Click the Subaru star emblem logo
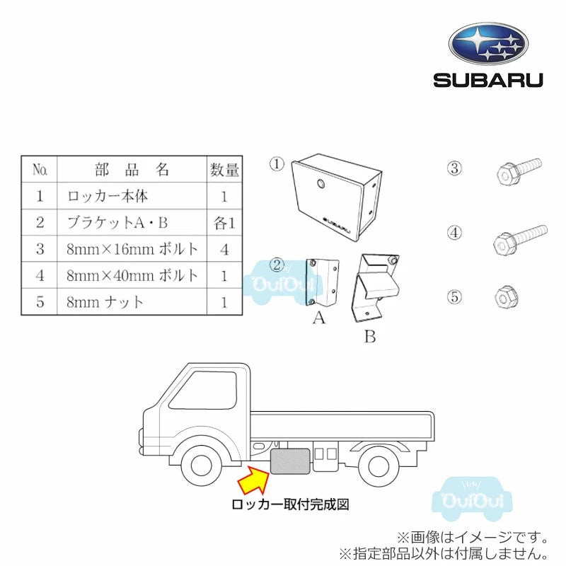click(x=488, y=44)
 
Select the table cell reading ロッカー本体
click(x=108, y=196)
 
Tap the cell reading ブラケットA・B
click(x=117, y=222)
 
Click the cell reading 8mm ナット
click(x=105, y=302)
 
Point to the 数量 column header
click(x=224, y=170)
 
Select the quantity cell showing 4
click(x=224, y=249)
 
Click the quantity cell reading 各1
click(x=224, y=222)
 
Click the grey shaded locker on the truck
click(x=290, y=461)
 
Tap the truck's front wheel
click(x=202, y=465)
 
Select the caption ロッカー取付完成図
click(x=291, y=505)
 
